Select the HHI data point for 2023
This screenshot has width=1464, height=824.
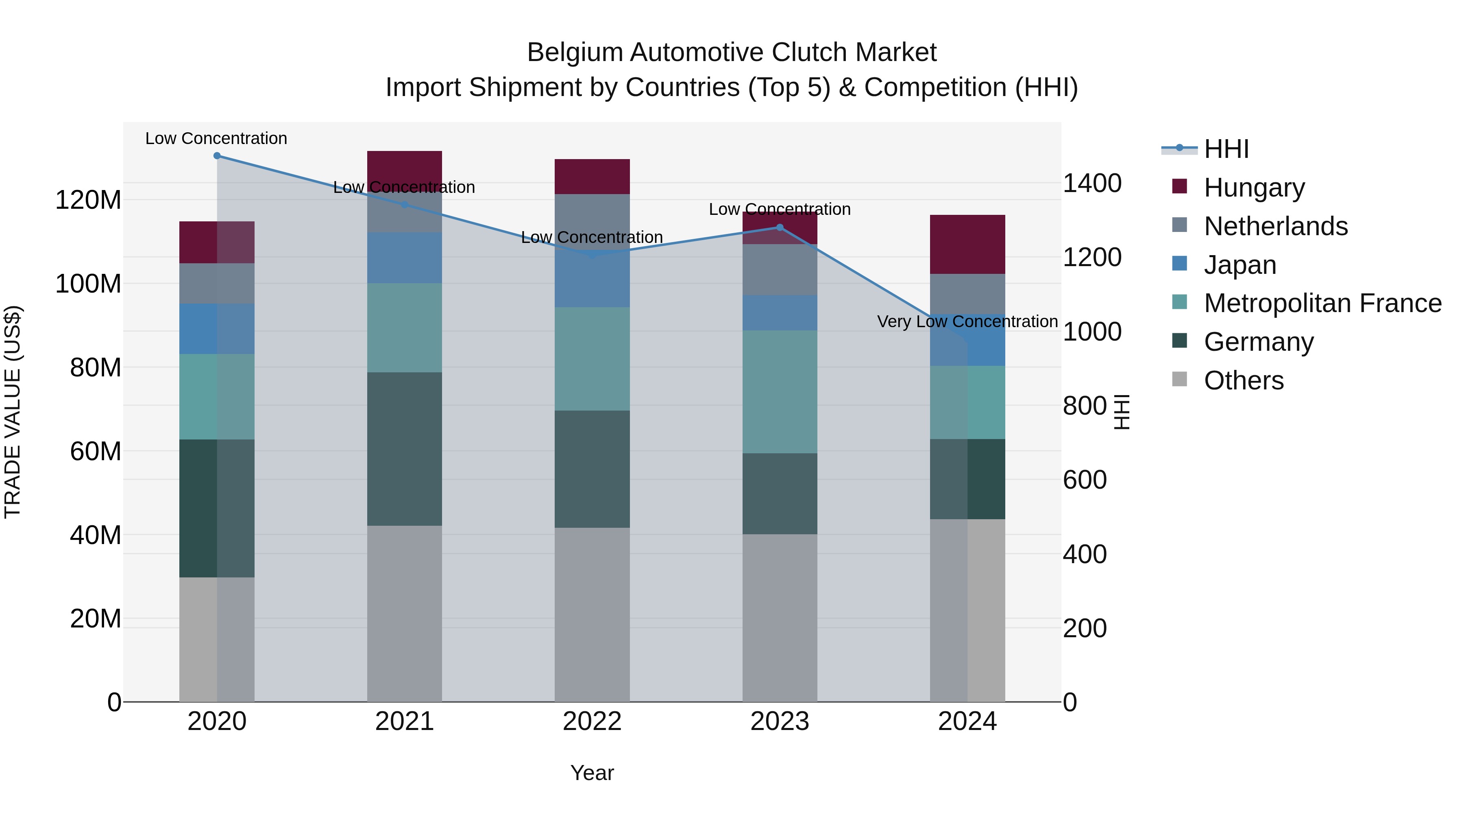click(780, 227)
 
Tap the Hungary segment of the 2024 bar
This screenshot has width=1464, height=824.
click(967, 245)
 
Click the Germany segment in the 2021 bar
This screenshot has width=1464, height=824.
click(404, 449)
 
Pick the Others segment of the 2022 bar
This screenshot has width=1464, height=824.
click(592, 614)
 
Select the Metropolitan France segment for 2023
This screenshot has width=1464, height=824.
click(780, 392)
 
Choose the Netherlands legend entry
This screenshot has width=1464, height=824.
click(1275, 226)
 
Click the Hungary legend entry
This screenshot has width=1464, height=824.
click(1254, 188)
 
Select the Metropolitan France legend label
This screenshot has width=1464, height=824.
click(1322, 304)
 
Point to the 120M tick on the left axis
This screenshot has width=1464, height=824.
click(88, 200)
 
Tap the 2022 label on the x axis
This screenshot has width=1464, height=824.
click(592, 721)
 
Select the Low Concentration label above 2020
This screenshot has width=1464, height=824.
click(216, 139)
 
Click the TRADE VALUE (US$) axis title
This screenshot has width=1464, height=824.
click(13, 412)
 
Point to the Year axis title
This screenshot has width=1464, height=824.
click(592, 773)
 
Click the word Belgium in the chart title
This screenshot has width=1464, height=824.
click(575, 52)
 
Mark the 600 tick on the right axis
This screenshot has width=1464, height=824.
click(1084, 480)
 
